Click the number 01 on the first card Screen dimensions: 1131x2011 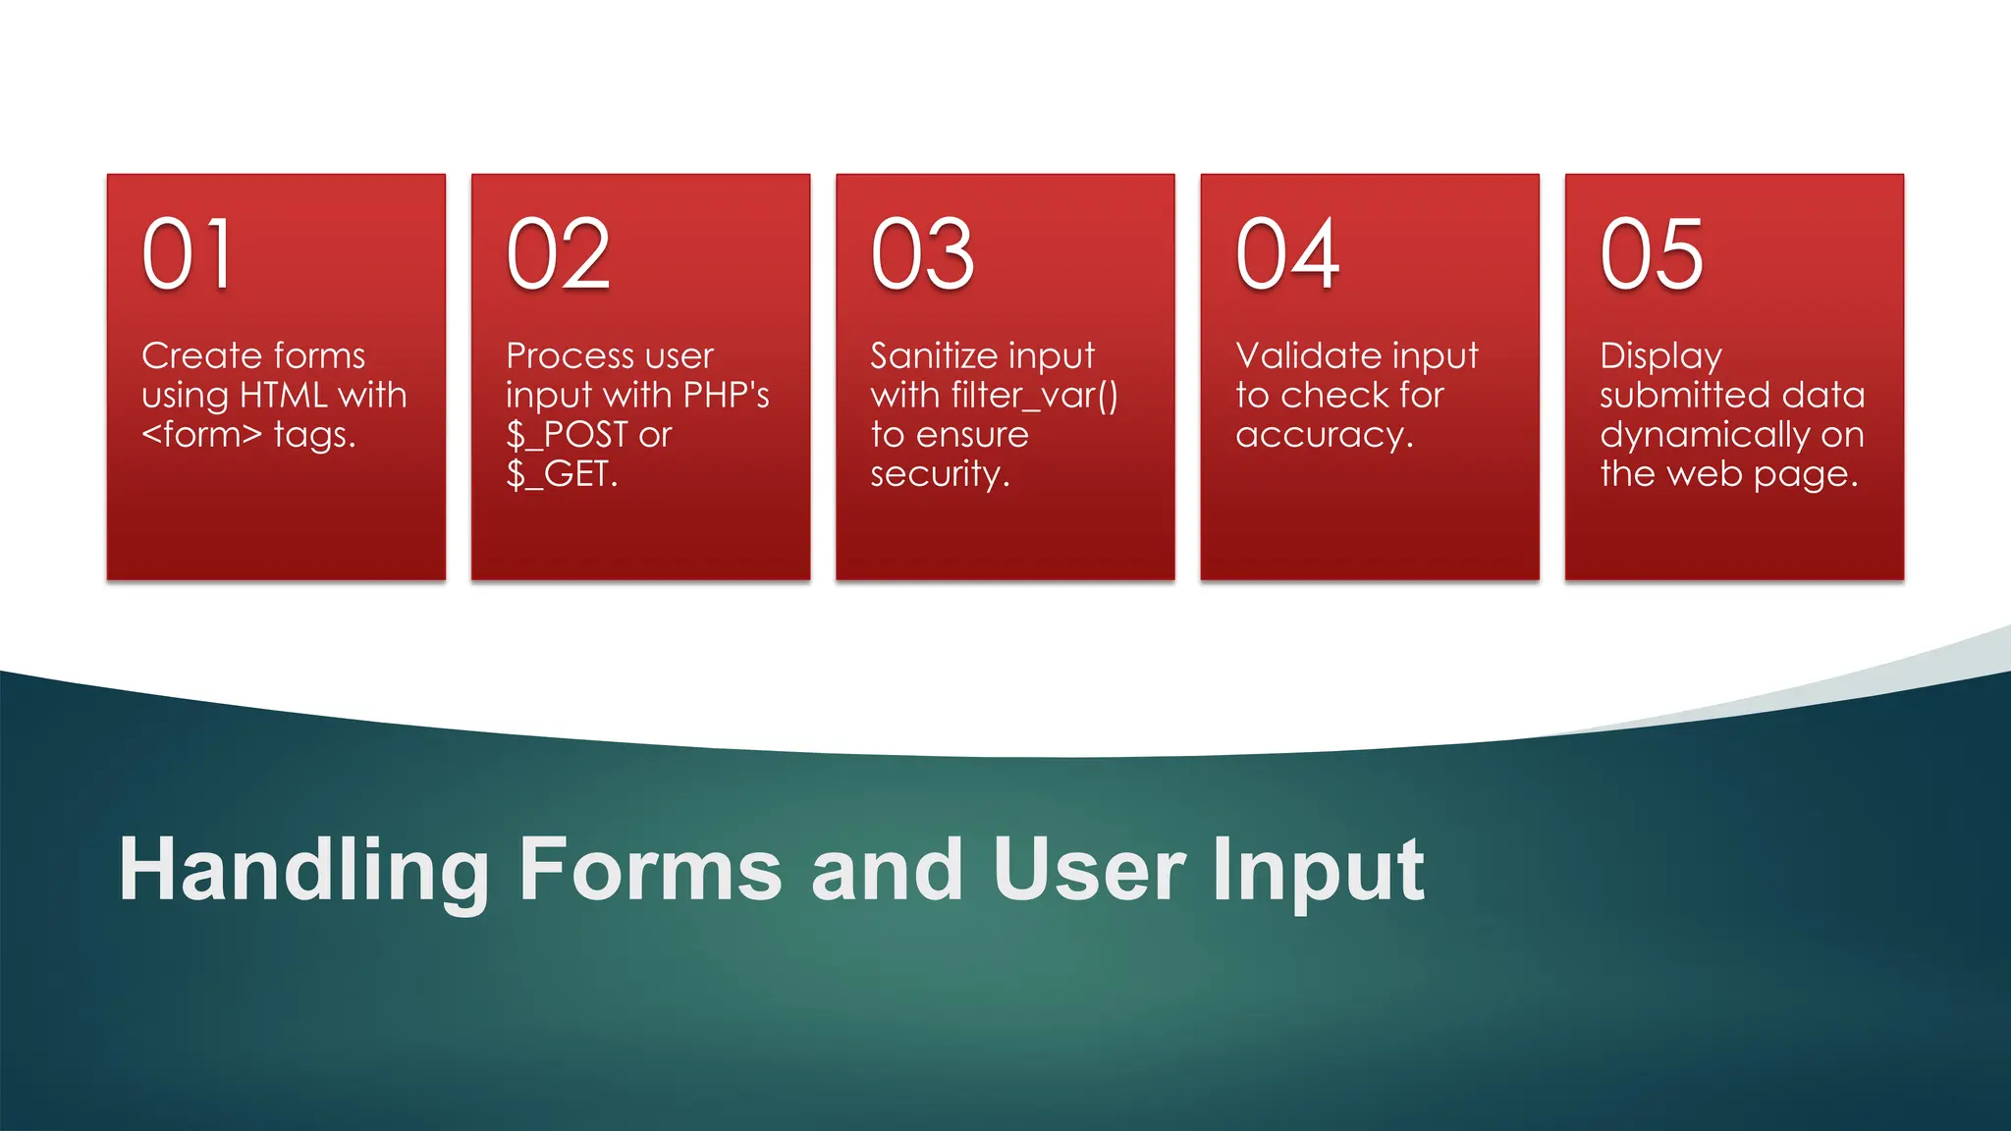pyautogui.click(x=188, y=254)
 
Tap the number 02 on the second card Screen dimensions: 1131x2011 pyautogui.click(x=558, y=254)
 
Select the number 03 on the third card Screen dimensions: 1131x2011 pyautogui.click(x=922, y=254)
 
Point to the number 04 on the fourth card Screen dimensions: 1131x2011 pyautogui.click(x=1287, y=254)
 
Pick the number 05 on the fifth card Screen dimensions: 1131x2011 pyautogui.click(x=1652, y=254)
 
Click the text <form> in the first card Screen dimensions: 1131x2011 pyautogui.click(x=201, y=434)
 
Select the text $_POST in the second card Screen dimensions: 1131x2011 pyautogui.click(x=568, y=435)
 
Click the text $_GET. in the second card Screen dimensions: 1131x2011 pyautogui.click(x=562, y=474)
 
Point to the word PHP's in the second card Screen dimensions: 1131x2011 pyautogui.click(x=726, y=395)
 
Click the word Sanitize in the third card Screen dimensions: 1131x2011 pyautogui.click(x=933, y=355)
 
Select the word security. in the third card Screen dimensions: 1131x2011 pyautogui.click(x=940, y=474)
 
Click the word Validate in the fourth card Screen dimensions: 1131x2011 pyautogui.click(x=1299, y=355)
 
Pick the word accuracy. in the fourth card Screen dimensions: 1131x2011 pyautogui.click(x=1325, y=435)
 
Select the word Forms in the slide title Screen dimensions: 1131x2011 pyautogui.click(x=650, y=870)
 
